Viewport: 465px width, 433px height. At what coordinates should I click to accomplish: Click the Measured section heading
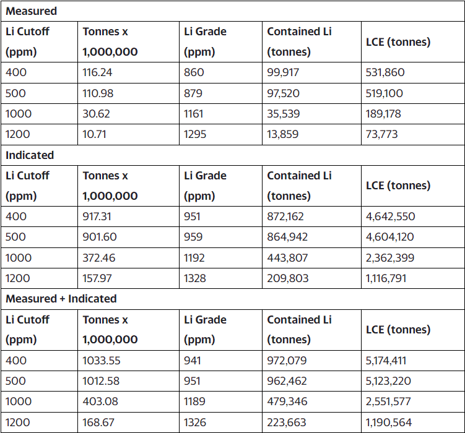tap(31, 11)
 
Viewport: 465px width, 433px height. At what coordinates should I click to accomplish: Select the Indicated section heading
tap(30, 155)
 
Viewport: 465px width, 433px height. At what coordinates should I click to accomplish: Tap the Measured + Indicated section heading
tap(61, 299)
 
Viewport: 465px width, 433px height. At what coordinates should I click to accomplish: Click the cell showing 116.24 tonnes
tap(97, 72)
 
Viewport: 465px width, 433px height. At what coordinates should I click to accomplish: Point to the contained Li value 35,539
tap(283, 114)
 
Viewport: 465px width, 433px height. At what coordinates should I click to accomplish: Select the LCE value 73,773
tap(381, 134)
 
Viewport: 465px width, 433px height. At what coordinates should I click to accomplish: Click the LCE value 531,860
tap(385, 72)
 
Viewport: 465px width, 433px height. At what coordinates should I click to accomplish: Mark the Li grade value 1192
tap(195, 258)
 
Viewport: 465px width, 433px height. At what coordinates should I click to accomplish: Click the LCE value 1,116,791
tap(386, 278)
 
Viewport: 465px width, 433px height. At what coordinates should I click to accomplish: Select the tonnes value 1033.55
tap(102, 361)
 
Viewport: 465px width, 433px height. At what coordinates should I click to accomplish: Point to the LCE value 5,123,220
tap(388, 381)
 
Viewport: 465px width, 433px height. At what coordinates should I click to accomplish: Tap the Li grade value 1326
tap(195, 422)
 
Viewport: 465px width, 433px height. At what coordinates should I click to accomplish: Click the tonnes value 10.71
tap(95, 134)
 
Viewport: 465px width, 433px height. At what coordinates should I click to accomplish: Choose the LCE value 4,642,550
tap(390, 216)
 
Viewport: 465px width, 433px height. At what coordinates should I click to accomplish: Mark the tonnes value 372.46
tap(99, 258)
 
